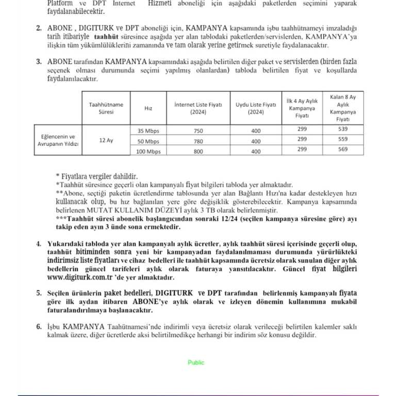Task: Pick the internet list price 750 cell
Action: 198,130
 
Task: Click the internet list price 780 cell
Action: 198,141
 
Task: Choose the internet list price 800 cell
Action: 198,152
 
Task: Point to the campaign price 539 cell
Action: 342,129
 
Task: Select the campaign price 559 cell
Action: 342,139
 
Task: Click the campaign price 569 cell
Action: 342,150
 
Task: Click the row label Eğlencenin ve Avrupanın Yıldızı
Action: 58,140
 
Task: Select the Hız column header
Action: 148,108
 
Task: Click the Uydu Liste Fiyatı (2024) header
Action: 256,108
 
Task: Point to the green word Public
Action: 196,362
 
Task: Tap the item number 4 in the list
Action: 39,243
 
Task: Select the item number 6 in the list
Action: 39,327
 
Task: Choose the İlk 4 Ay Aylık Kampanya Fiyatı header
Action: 302,106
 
